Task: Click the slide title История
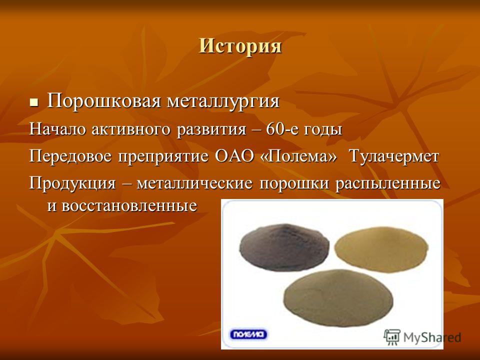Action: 240,46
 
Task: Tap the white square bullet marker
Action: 33,101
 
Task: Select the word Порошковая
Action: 104,101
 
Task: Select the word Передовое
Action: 71,156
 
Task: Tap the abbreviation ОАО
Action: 234,156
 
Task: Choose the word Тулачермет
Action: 394,156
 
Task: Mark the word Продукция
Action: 72,183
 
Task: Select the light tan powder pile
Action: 381,249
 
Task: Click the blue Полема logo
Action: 248,334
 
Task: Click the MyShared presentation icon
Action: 392,337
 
